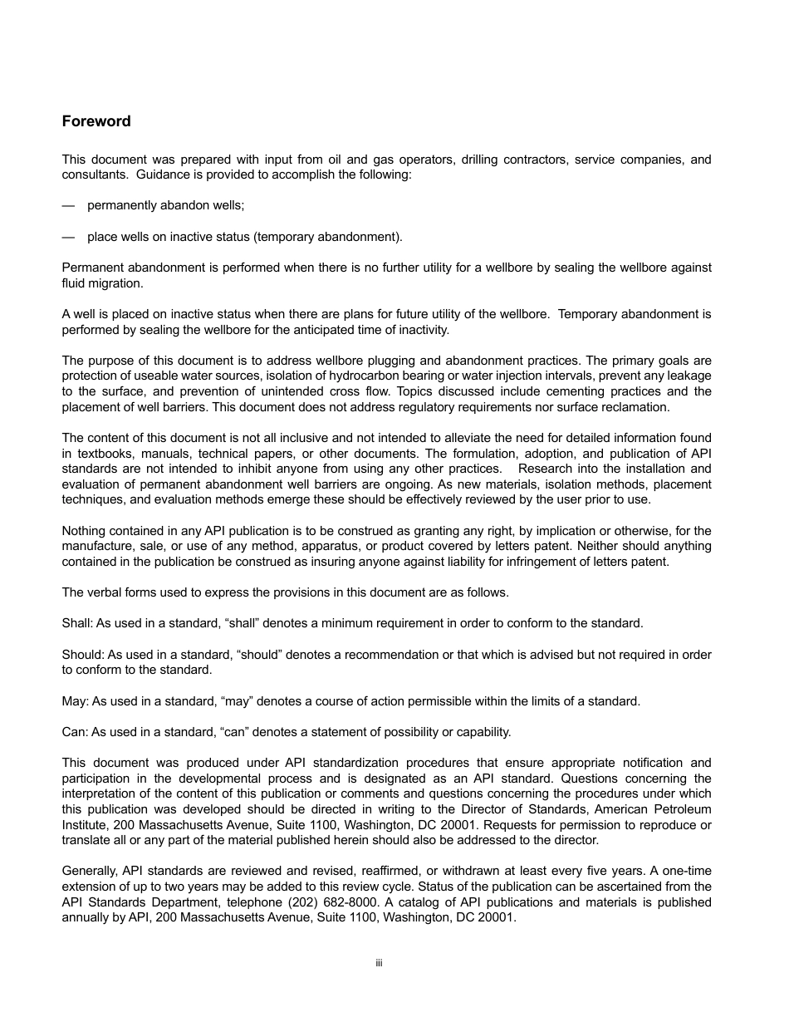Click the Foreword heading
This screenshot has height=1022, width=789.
click(96, 121)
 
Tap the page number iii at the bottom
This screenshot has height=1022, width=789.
click(379, 963)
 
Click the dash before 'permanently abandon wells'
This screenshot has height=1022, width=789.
click(68, 205)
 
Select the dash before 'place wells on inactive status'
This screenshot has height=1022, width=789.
click(68, 237)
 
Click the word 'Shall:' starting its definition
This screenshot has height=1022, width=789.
click(77, 623)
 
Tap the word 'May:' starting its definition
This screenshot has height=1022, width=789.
click(75, 701)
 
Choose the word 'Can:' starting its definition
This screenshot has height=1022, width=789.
click(75, 732)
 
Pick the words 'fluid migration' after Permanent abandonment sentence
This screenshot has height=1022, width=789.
click(102, 283)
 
